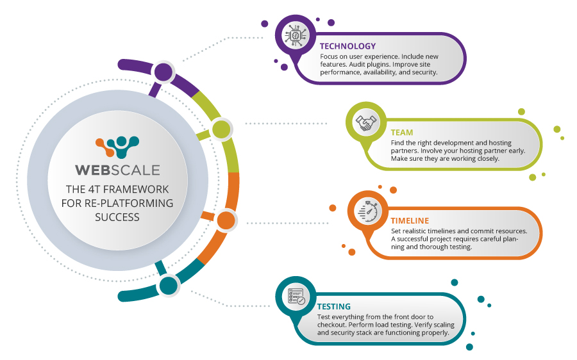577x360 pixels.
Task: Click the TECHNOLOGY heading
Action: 347,46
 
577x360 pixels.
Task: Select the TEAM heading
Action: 402,133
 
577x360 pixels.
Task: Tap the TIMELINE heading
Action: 410,220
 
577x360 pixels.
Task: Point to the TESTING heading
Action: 334,306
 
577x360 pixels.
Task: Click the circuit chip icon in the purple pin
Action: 296,35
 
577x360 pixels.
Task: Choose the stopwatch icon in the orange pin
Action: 368,211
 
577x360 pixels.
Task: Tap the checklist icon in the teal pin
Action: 296,297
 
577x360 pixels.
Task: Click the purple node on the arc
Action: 163,72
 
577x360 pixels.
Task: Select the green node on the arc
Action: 221,129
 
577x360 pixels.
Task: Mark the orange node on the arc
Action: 226,220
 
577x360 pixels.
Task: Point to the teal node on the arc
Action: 169,285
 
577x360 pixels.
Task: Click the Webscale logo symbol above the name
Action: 117,147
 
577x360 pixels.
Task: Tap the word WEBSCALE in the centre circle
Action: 117,170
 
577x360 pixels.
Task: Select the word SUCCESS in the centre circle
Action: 117,217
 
